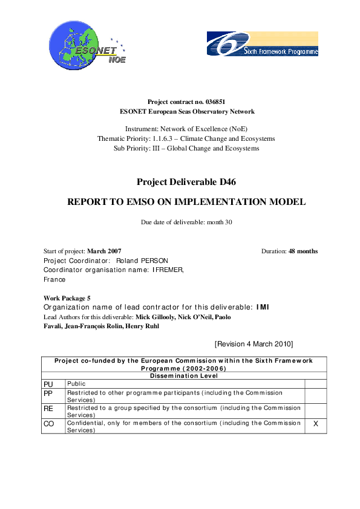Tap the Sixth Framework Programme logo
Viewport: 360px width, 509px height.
click(x=262, y=44)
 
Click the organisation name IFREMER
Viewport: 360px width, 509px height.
click(x=168, y=270)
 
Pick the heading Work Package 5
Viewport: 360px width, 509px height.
click(x=67, y=298)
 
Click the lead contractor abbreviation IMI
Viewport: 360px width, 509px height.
click(x=263, y=307)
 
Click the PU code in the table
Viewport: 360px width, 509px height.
click(x=48, y=384)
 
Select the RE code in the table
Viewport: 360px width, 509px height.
click(x=48, y=408)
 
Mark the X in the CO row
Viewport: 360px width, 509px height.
click(x=315, y=424)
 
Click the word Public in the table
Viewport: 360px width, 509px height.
click(x=77, y=383)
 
